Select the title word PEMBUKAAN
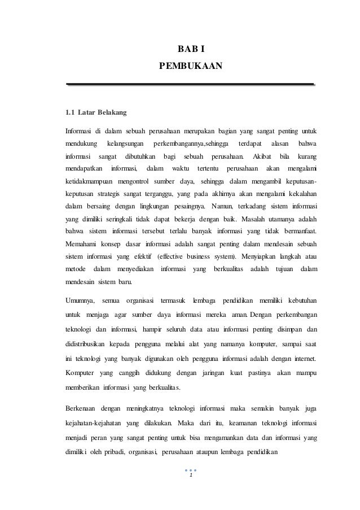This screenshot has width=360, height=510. [x=191, y=68]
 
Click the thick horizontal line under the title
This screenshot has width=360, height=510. [x=190, y=84]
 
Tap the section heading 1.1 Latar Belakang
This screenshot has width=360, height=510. [x=96, y=110]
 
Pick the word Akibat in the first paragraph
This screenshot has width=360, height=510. [x=262, y=156]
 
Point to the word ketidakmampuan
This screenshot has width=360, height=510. [x=90, y=180]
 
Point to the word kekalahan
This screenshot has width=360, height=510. [x=297, y=192]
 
